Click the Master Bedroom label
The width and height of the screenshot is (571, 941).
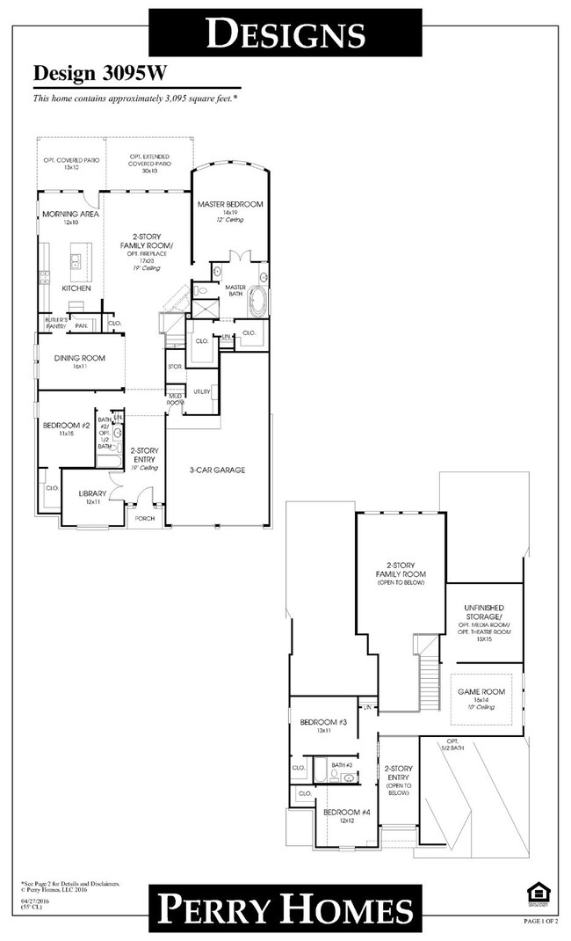pos(229,204)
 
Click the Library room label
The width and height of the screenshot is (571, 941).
pos(91,493)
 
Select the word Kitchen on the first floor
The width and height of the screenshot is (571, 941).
pos(76,288)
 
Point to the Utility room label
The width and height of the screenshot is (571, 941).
pos(202,390)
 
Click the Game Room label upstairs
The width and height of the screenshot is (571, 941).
pos(481,692)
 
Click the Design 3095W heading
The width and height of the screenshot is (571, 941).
pos(88,74)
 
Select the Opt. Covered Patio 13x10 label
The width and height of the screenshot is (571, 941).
pos(70,162)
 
